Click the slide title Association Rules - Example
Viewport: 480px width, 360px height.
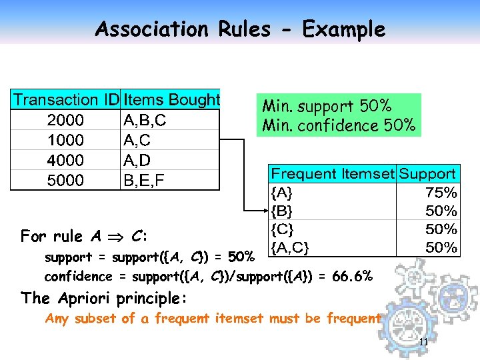pyautogui.click(x=240, y=29)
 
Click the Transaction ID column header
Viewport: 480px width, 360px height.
pyautogui.click(x=66, y=100)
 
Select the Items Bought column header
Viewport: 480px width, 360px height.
pyautogui.click(x=171, y=100)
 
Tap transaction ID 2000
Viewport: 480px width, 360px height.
pyautogui.click(x=65, y=121)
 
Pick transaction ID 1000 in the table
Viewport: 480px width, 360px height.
pyautogui.click(x=65, y=141)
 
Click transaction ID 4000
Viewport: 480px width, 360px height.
pyautogui.click(x=65, y=161)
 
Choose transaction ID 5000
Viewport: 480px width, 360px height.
pyautogui.click(x=65, y=181)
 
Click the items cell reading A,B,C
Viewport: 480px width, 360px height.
pyautogui.click(x=145, y=121)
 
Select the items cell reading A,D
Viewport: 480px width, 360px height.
pyautogui.click(x=138, y=161)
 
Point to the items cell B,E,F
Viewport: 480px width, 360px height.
pyautogui.click(x=145, y=181)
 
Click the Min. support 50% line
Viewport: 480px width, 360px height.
pyautogui.click(x=327, y=106)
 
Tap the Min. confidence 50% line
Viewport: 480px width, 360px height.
pyautogui.click(x=339, y=125)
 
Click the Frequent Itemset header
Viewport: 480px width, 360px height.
pyautogui.click(x=332, y=175)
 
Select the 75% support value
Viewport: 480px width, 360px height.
pyautogui.click(x=441, y=193)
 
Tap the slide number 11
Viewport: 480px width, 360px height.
pyautogui.click(x=423, y=343)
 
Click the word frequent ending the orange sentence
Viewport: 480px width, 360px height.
pyautogui.click(x=353, y=319)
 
